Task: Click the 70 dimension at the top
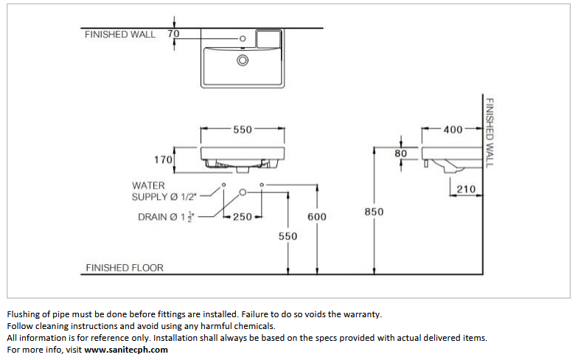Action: point(173,34)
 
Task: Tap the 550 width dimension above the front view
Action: point(243,130)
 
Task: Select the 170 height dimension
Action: point(164,159)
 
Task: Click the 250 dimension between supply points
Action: point(243,217)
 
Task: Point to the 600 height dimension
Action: point(317,217)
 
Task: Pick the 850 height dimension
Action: point(374,212)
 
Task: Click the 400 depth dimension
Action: point(453,130)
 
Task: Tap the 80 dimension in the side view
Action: point(401,153)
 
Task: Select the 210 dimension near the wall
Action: point(466,189)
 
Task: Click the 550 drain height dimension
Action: point(288,236)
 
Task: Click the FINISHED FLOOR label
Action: point(125,268)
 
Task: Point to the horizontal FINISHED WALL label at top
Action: point(120,34)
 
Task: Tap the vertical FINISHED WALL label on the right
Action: point(488,133)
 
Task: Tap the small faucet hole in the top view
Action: point(243,38)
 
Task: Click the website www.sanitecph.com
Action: point(126,350)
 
